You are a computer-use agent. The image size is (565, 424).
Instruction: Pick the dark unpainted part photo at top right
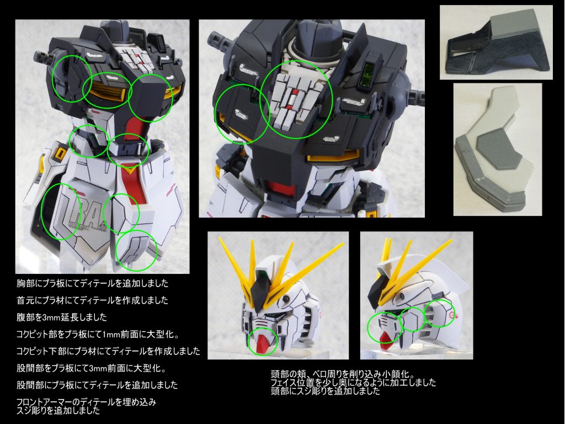point(496,42)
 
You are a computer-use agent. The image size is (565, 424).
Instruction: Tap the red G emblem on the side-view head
point(454,316)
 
